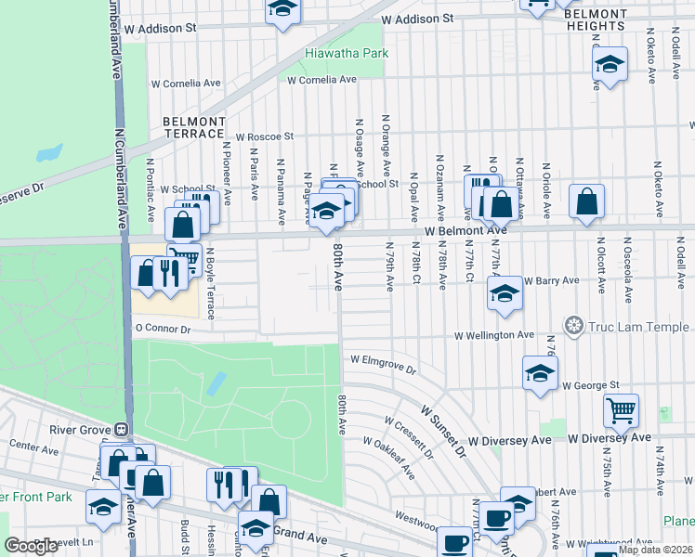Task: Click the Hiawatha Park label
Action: [347, 54]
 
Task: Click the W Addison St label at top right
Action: [417, 19]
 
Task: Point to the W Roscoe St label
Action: [263, 136]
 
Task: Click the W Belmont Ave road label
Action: [466, 230]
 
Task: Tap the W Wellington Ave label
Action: [493, 335]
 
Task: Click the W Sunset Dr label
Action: [443, 430]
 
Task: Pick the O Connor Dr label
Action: [163, 329]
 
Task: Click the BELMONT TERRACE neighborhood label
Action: [194, 127]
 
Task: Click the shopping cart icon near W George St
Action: [621, 408]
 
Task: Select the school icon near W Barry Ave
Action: [505, 294]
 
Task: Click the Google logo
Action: [32, 546]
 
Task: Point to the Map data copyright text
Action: [656, 550]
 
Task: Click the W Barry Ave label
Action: [552, 280]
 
